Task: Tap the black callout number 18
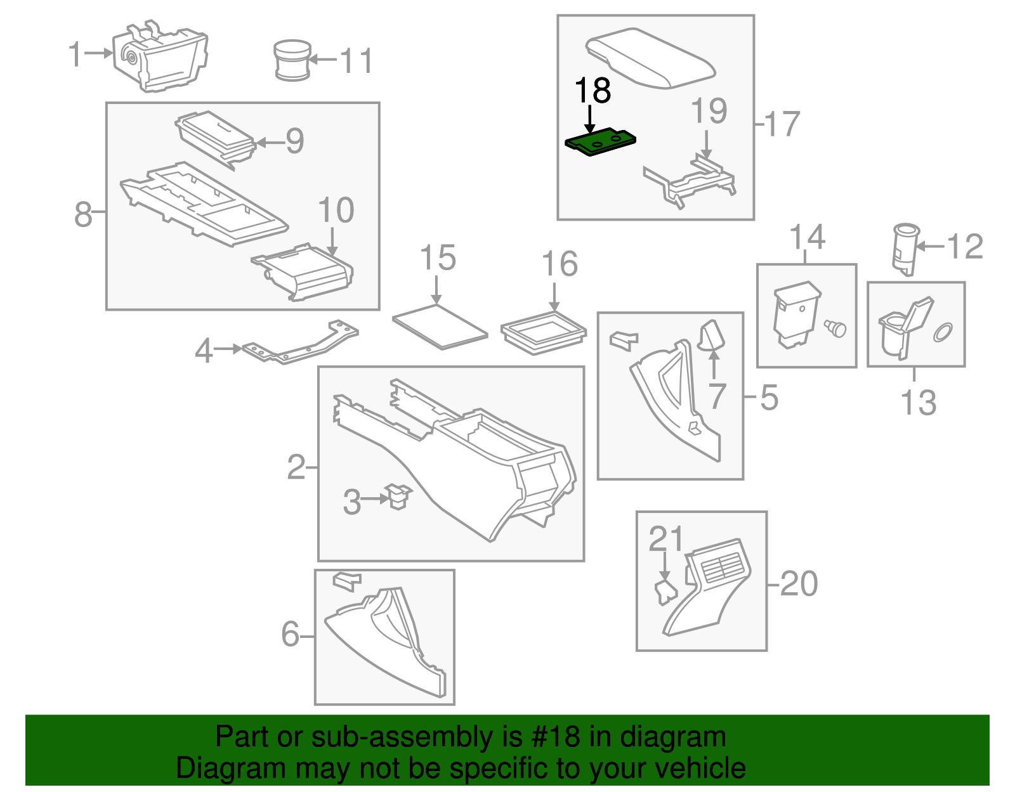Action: [x=593, y=91]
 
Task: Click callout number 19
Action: [x=709, y=111]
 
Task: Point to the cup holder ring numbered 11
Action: [x=292, y=60]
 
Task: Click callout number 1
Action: [x=75, y=54]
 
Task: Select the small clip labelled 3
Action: [x=398, y=496]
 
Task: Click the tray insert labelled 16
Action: [x=544, y=332]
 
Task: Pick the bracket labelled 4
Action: [x=298, y=346]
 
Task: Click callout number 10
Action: [x=336, y=211]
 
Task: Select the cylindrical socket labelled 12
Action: [x=905, y=249]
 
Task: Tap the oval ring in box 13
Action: [x=943, y=332]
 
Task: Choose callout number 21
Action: [x=665, y=539]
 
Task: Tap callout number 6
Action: [x=290, y=634]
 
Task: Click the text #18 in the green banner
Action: [x=551, y=737]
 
